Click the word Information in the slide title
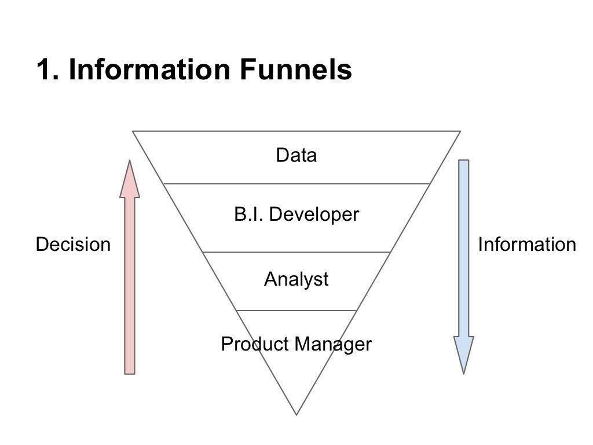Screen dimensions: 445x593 [x=149, y=70]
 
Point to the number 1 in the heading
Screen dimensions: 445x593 [x=44, y=70]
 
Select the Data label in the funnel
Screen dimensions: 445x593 [x=296, y=155]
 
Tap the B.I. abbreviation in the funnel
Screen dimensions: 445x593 [x=249, y=215]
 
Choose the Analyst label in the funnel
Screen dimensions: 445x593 [x=296, y=279]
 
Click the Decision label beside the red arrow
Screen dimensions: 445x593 [x=73, y=245]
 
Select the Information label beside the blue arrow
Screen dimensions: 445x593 [x=526, y=245]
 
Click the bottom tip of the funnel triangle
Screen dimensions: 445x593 [x=296, y=414]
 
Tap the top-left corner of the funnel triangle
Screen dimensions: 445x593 [x=134, y=132]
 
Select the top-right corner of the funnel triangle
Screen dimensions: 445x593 [x=459, y=132]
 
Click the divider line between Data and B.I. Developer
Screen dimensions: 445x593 [x=296, y=184]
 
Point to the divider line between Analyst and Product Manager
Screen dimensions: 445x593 [x=296, y=311]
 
